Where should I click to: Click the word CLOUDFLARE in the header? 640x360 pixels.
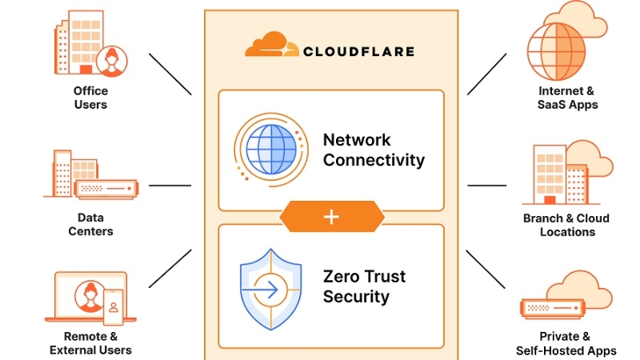(358, 52)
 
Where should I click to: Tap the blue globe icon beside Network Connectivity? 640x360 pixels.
(270, 150)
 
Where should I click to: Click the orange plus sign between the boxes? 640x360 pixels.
(331, 217)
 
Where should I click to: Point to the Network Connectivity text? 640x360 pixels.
(373, 150)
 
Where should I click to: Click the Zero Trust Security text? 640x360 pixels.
(364, 286)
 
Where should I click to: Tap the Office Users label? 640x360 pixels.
(90, 98)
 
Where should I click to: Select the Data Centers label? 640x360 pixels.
(90, 224)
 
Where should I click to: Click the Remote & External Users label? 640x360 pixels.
(90, 343)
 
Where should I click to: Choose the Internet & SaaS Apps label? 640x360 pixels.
(566, 98)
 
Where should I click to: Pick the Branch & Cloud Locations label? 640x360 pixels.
(566, 225)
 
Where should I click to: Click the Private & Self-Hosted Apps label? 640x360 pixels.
(566, 343)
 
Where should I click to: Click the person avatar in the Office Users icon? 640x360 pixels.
(111, 60)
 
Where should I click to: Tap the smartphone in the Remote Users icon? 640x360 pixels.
(114, 305)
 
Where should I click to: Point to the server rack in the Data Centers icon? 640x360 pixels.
(105, 190)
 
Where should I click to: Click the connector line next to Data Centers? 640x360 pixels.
(170, 186)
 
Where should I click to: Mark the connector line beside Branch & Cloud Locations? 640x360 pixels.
(487, 186)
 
